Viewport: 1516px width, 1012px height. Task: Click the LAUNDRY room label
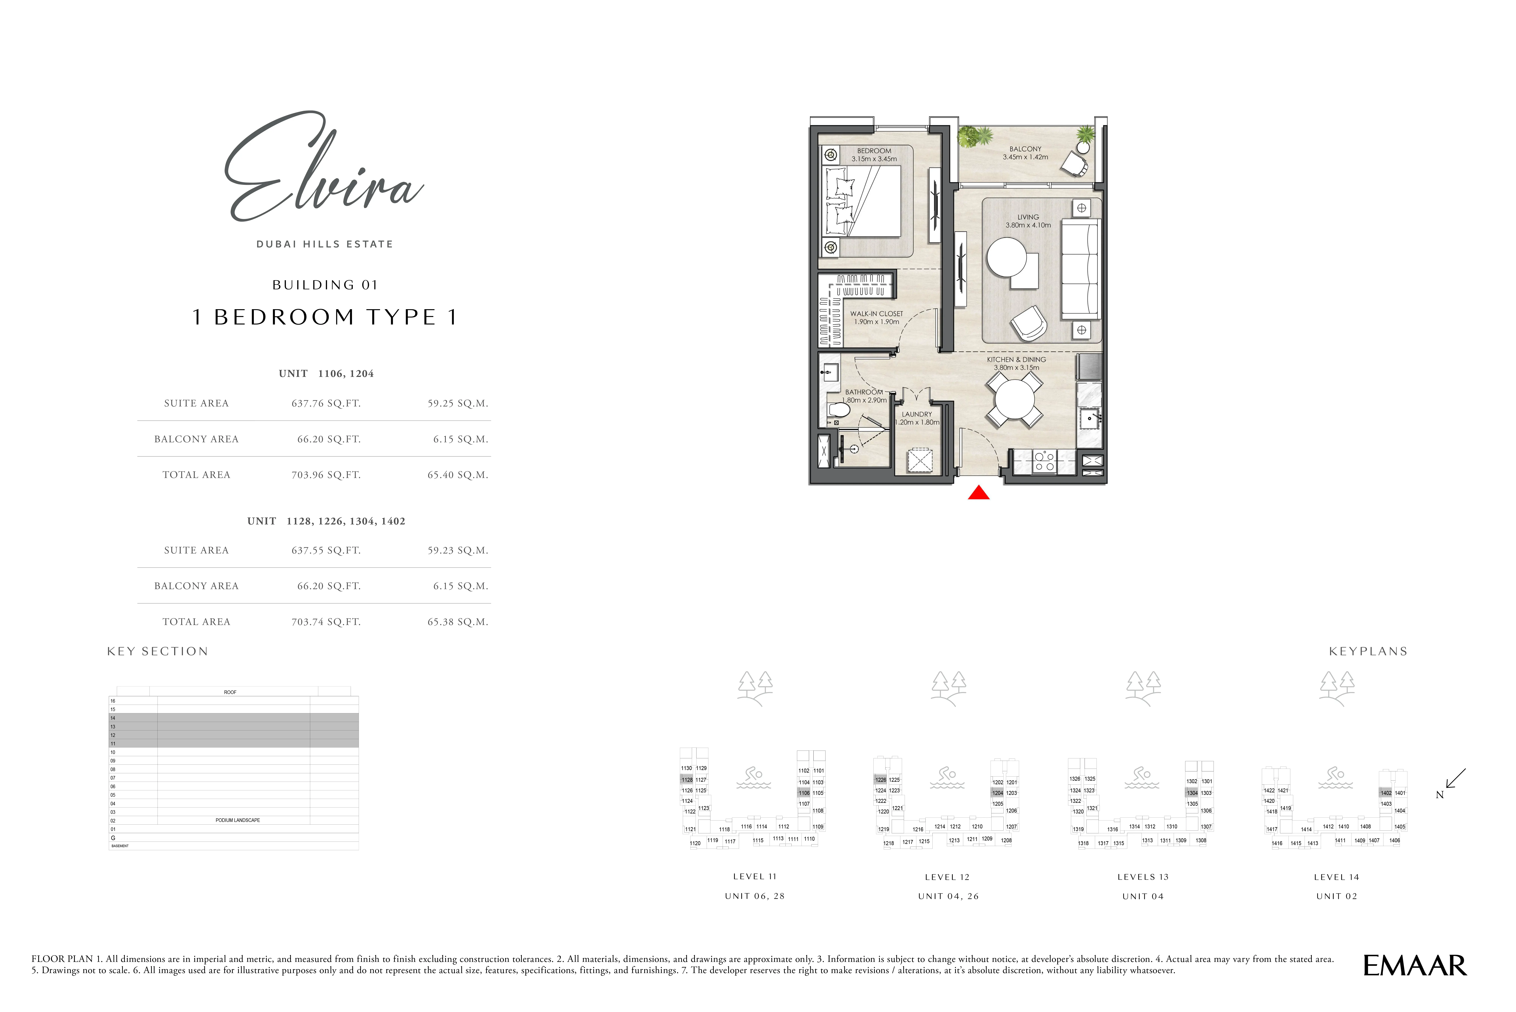click(917, 414)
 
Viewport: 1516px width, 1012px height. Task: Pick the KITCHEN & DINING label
click(1016, 359)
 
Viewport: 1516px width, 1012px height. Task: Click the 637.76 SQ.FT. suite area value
click(326, 403)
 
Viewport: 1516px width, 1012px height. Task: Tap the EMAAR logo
click(1415, 966)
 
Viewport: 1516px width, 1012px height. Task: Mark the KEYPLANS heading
click(1368, 651)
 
